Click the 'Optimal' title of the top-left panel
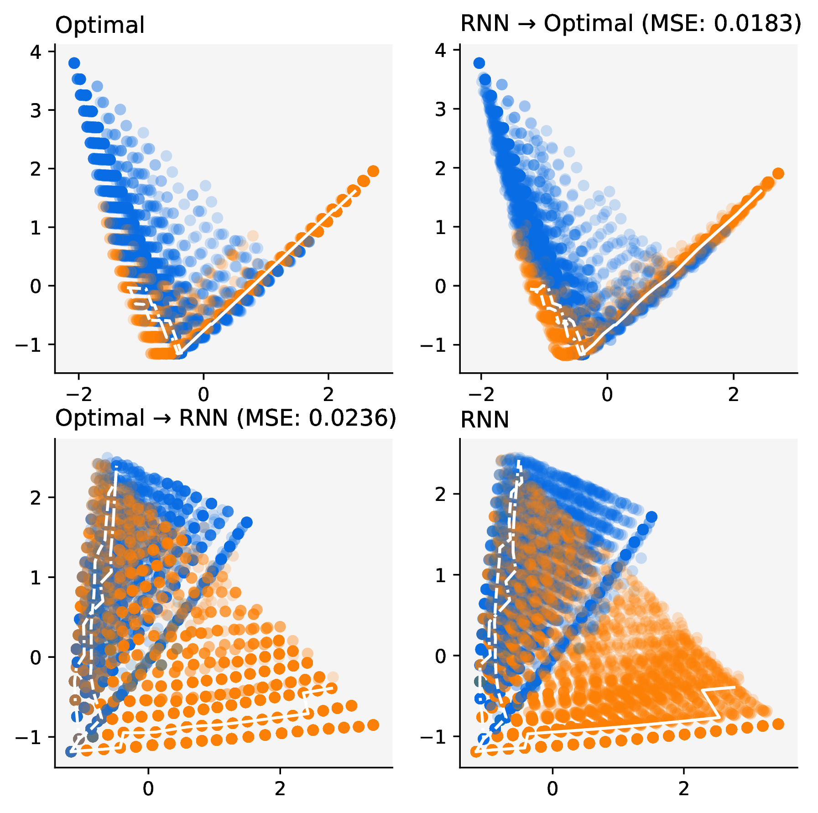coord(99,26)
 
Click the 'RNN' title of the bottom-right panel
coord(485,420)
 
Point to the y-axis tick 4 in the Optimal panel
coord(36,52)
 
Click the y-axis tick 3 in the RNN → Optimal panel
coord(441,109)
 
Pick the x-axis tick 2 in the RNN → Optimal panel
coord(733,394)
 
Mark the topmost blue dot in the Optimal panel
coord(74,63)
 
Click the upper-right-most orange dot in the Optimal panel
coord(373,171)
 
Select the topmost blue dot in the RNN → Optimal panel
coord(479,63)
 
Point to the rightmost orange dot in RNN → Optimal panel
coord(778,173)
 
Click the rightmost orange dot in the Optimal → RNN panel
coord(373,725)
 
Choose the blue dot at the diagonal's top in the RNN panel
coord(651,517)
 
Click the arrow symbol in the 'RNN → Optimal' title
coord(526,24)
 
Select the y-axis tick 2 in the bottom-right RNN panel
coord(441,494)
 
